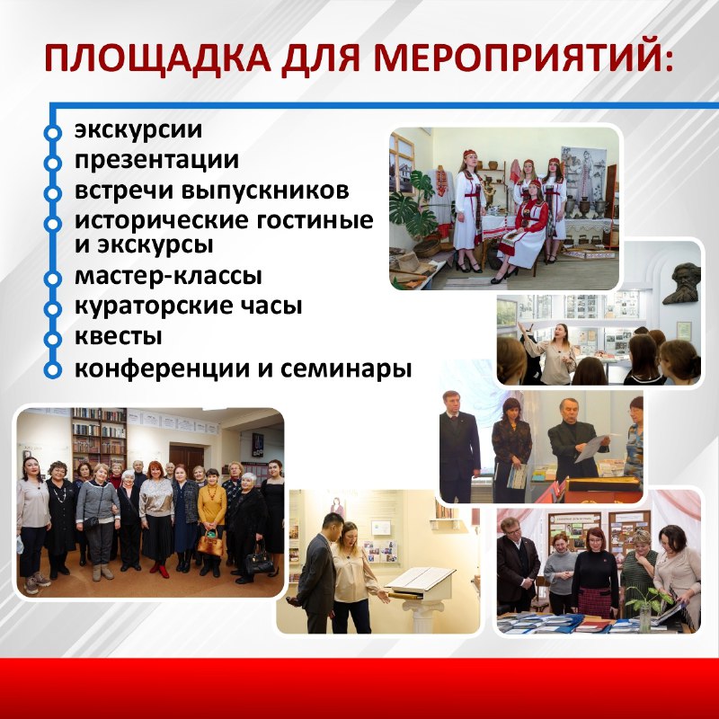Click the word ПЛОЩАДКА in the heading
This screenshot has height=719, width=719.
158,58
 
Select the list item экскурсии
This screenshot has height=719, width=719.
138,129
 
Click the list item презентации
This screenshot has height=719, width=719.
156,161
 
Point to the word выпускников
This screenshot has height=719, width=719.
265,191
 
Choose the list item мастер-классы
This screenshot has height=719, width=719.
168,276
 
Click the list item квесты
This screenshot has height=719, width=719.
119,336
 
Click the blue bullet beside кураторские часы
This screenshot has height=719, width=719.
53,309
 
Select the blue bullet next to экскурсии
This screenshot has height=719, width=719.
53,133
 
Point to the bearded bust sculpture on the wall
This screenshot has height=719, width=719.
682,284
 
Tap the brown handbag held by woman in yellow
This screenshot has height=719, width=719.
210,544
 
